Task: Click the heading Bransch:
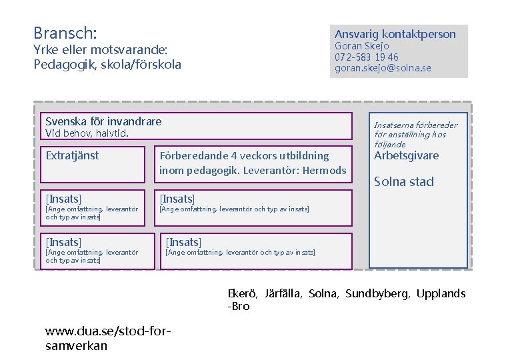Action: pyautogui.click(x=65, y=32)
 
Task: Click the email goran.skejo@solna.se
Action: pyautogui.click(x=383, y=68)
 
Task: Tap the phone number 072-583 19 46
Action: pyautogui.click(x=367, y=57)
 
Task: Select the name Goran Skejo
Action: pyautogui.click(x=362, y=46)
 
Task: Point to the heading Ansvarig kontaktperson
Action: pyautogui.click(x=395, y=34)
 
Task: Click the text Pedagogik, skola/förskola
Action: pyautogui.click(x=107, y=65)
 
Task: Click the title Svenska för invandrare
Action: pyautogui.click(x=103, y=121)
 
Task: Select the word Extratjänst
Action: pyautogui.click(x=72, y=156)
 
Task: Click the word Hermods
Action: pyautogui.click(x=324, y=171)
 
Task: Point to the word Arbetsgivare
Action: pyautogui.click(x=407, y=156)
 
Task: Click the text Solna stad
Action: pyautogui.click(x=404, y=181)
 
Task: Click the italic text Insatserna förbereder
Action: pyautogui.click(x=415, y=125)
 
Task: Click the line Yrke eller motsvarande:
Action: pyautogui.click(x=100, y=50)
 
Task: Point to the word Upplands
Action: pyautogui.click(x=441, y=293)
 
